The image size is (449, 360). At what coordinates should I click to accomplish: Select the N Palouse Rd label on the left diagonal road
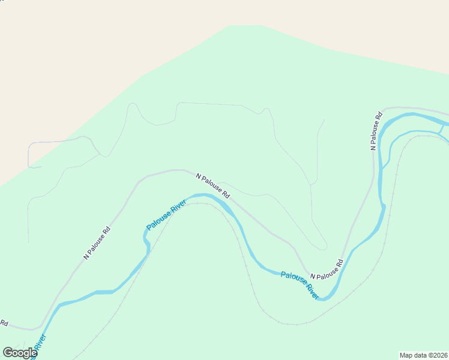pyautogui.click(x=97, y=242)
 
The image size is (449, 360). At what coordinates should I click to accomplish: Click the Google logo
pyautogui.click(x=20, y=353)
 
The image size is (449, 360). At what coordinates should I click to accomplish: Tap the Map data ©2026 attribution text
pyautogui.click(x=424, y=355)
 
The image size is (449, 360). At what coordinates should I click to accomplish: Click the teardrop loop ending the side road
pyautogui.click(x=323, y=245)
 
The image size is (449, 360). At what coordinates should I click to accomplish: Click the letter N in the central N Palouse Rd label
pyautogui.click(x=199, y=175)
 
